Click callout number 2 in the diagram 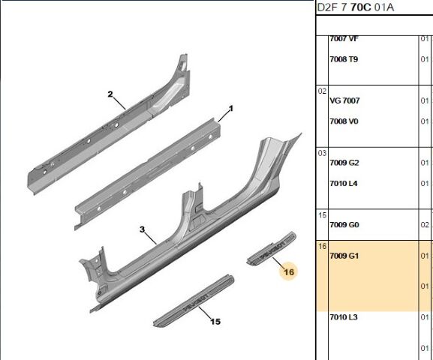[110, 94]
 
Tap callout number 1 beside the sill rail [231, 109]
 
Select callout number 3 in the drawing [142, 229]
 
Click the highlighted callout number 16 [289, 272]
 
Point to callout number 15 [215, 322]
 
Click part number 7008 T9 [344, 59]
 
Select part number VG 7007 [344, 100]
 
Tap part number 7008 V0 [344, 121]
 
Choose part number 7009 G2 [344, 163]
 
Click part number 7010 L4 [344, 183]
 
